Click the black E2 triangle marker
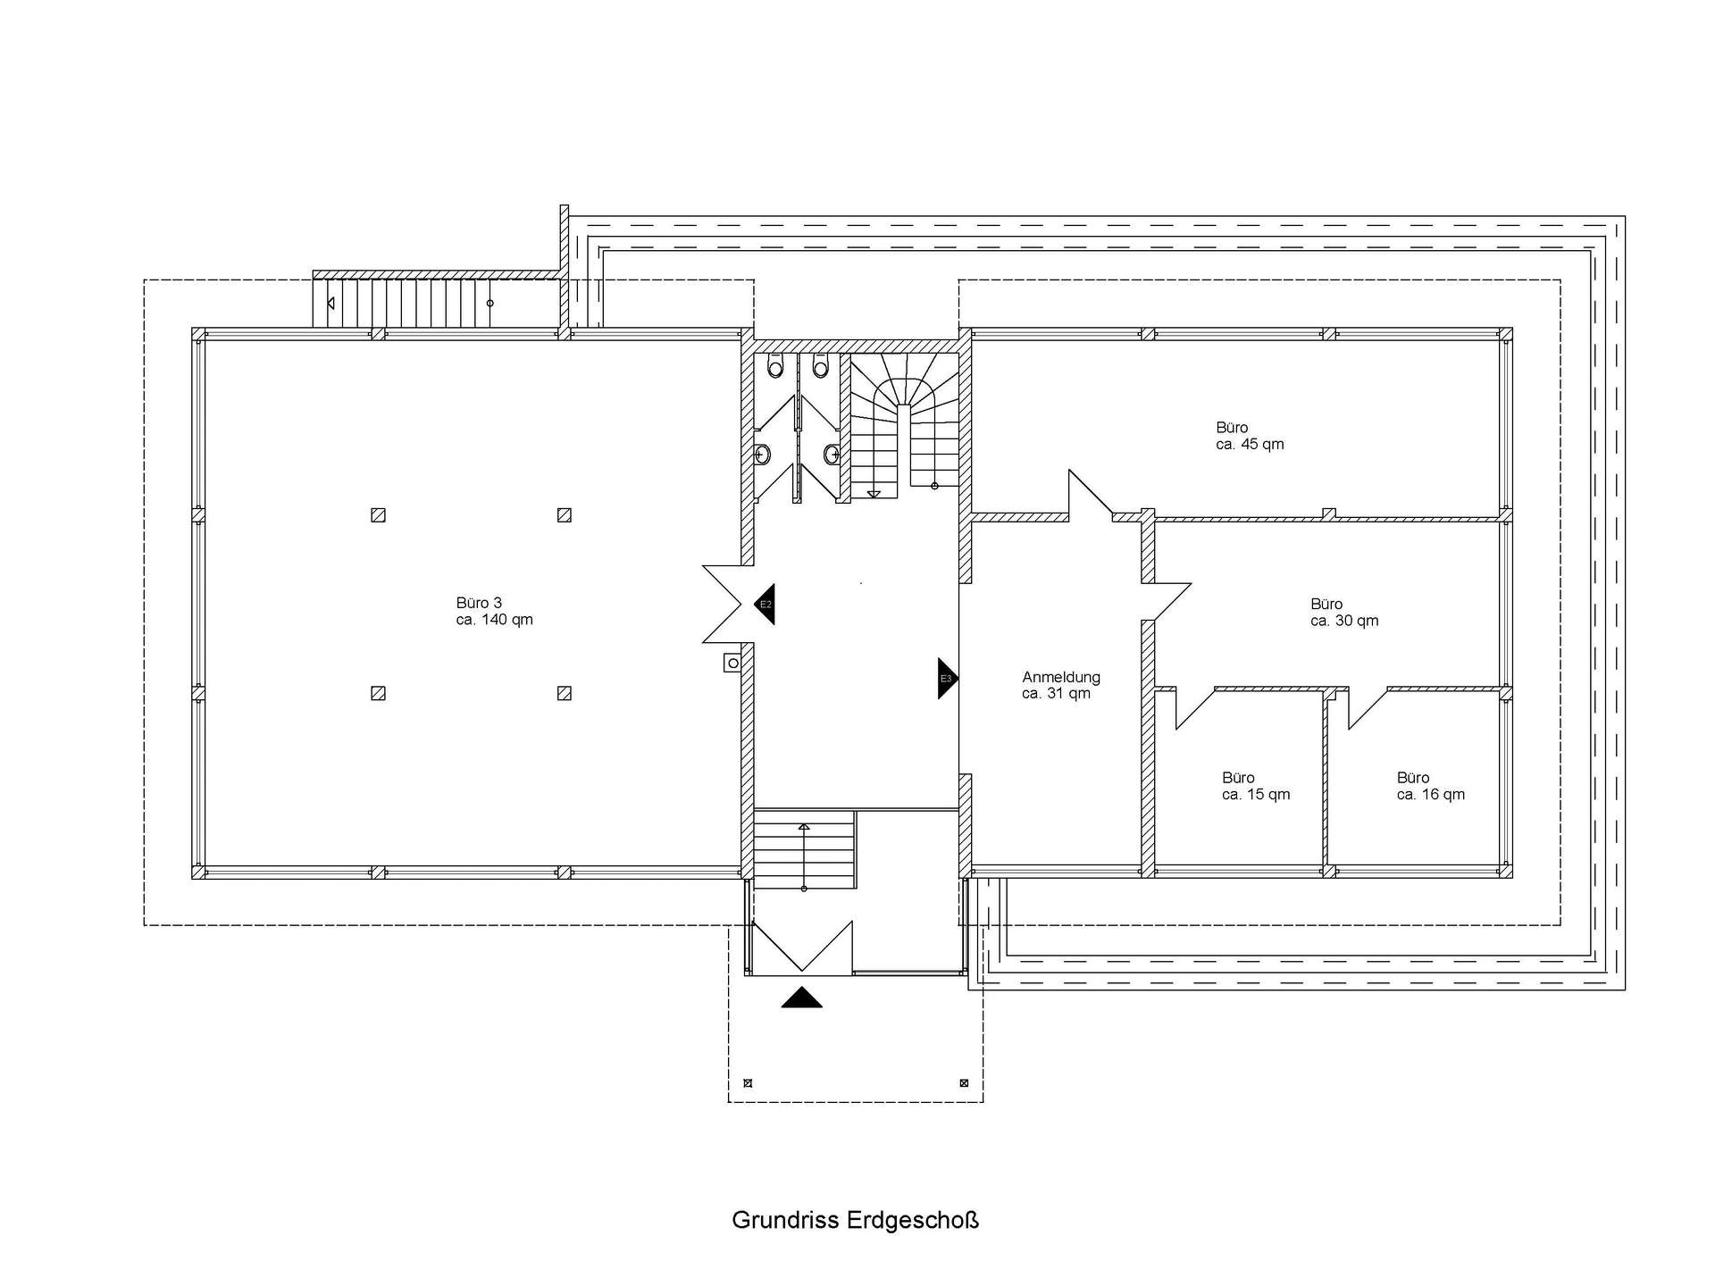pyautogui.click(x=765, y=604)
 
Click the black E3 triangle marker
pyautogui.click(x=947, y=679)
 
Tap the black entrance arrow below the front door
pyautogui.click(x=801, y=998)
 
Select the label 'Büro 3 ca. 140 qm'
pyautogui.click(x=494, y=612)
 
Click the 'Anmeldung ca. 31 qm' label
pyautogui.click(x=1061, y=685)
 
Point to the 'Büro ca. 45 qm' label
pyautogui.click(x=1250, y=436)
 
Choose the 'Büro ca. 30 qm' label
pyautogui.click(x=1344, y=613)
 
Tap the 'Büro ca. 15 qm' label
pyautogui.click(x=1256, y=786)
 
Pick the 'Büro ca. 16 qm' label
pyautogui.click(x=1431, y=786)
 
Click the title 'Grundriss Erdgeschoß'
pyautogui.click(x=856, y=1220)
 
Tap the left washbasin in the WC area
pyautogui.click(x=762, y=455)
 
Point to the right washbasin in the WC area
pyautogui.click(x=832, y=455)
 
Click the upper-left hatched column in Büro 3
pyautogui.click(x=378, y=515)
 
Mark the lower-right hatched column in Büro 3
pyautogui.click(x=564, y=693)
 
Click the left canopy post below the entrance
pyautogui.click(x=748, y=1084)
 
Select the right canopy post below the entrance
pyautogui.click(x=964, y=1084)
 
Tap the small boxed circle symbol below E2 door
pyautogui.click(x=732, y=663)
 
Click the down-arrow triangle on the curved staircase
pyautogui.click(x=874, y=494)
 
